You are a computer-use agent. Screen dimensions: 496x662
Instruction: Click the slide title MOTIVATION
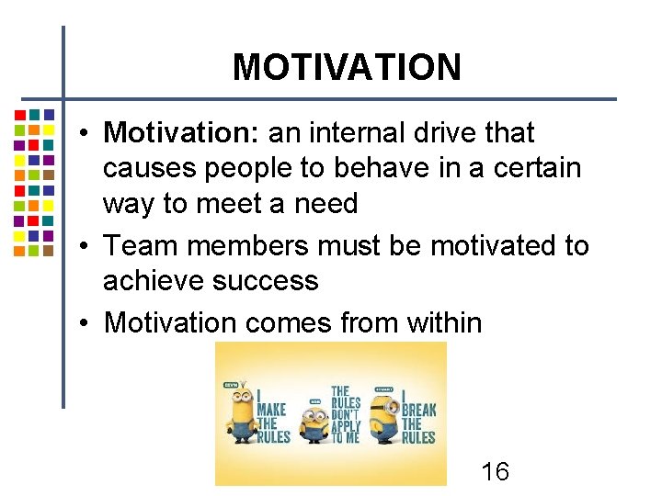[347, 67]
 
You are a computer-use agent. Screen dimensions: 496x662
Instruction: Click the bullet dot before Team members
[83, 246]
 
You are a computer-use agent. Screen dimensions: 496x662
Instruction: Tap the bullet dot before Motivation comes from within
[83, 322]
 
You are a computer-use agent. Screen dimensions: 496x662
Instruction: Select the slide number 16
[495, 472]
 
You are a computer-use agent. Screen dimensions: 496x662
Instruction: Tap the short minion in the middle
[315, 424]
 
